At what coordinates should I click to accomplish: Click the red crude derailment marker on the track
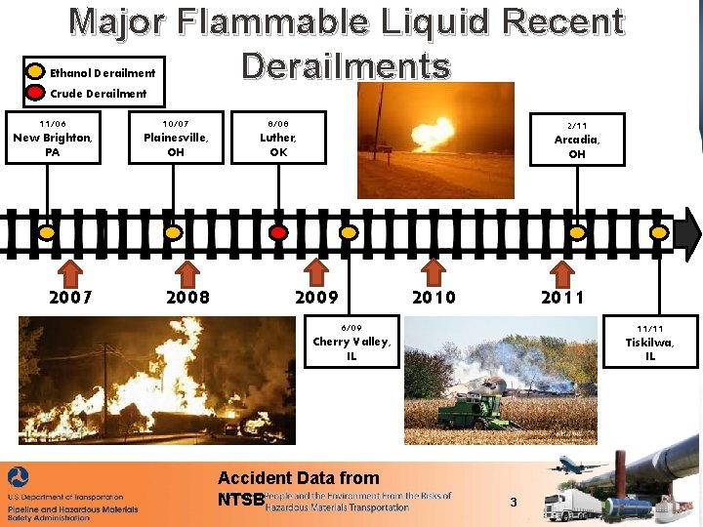click(278, 233)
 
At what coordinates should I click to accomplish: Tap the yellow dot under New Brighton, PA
click(46, 233)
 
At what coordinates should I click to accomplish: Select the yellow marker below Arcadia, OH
click(577, 233)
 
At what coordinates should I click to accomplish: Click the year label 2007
click(70, 297)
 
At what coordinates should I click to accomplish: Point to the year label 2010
click(434, 297)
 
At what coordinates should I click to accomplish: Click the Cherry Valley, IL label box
click(351, 343)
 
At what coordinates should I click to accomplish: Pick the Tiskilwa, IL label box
click(649, 343)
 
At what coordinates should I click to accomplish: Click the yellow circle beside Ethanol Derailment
click(35, 72)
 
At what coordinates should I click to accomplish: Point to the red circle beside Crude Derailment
click(35, 94)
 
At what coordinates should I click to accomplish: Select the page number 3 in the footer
click(514, 502)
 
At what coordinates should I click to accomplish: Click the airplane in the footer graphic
click(575, 464)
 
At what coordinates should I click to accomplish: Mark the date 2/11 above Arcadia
click(577, 125)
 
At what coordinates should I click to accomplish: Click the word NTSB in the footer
click(240, 499)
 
